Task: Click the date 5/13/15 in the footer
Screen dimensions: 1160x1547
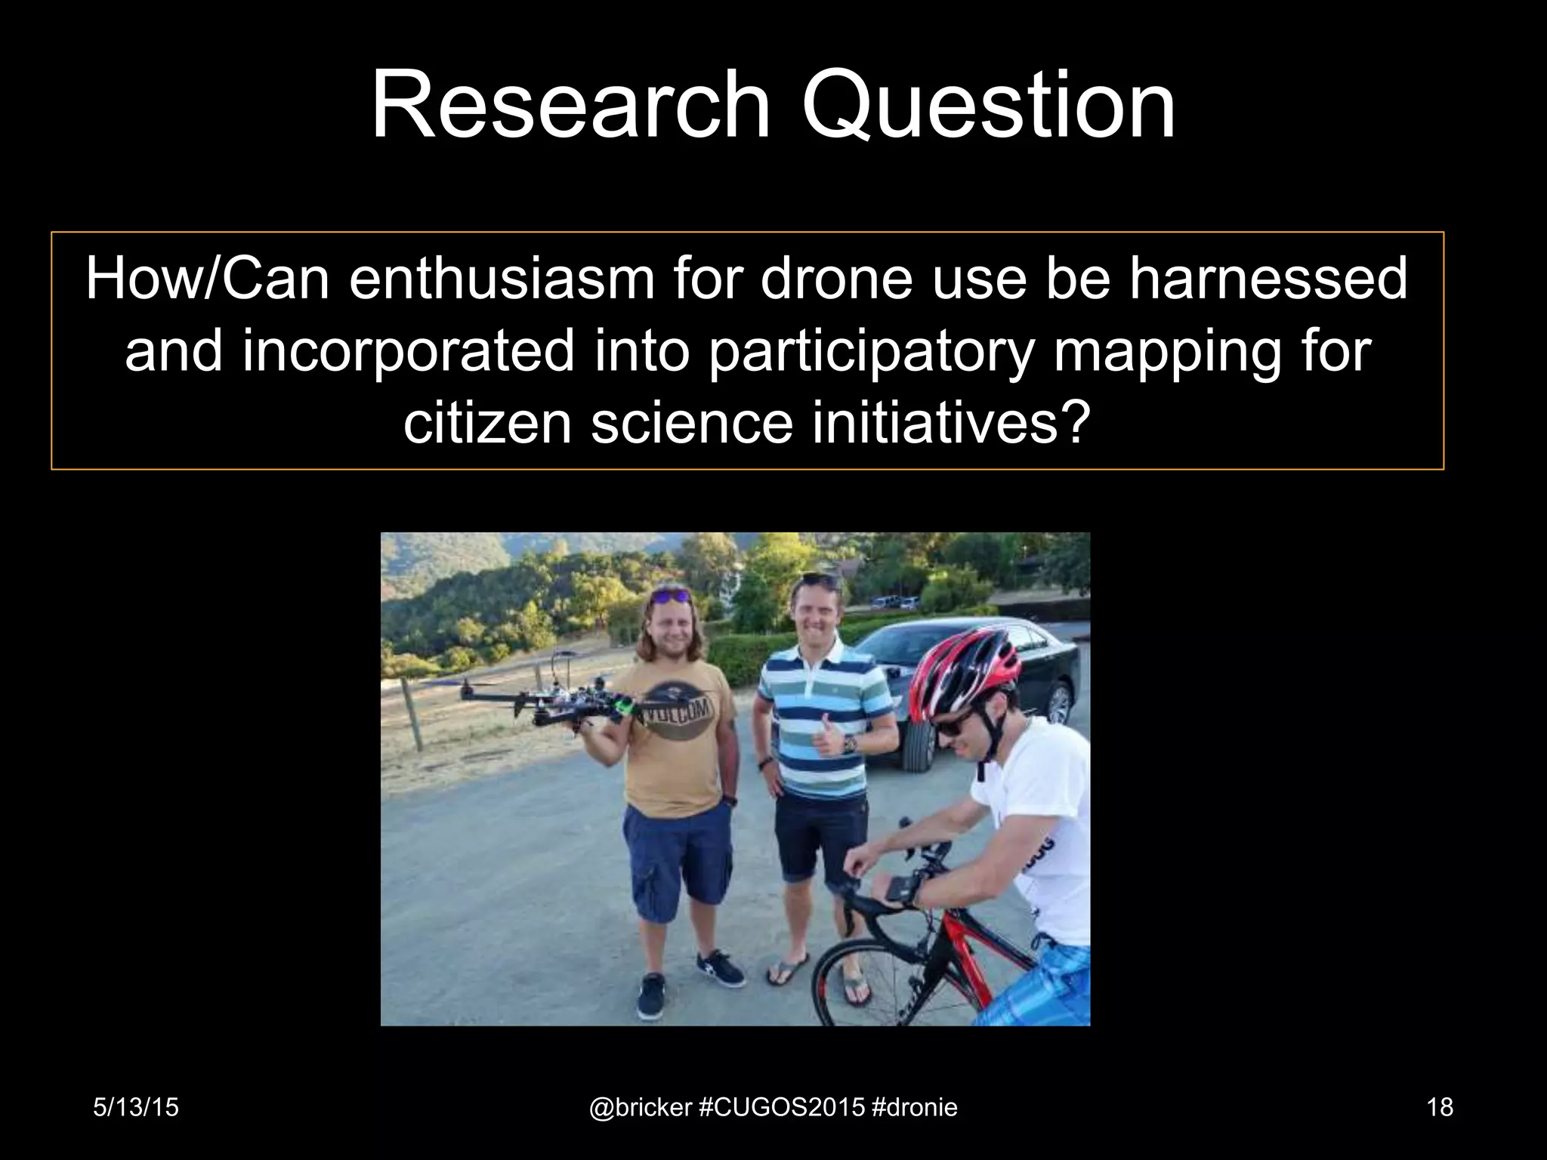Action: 136,1107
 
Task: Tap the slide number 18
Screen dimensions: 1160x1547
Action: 1440,1107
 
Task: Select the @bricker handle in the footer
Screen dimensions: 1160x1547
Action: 640,1107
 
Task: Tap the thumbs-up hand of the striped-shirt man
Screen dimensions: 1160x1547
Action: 827,736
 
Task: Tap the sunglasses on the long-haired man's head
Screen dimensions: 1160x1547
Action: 670,597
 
